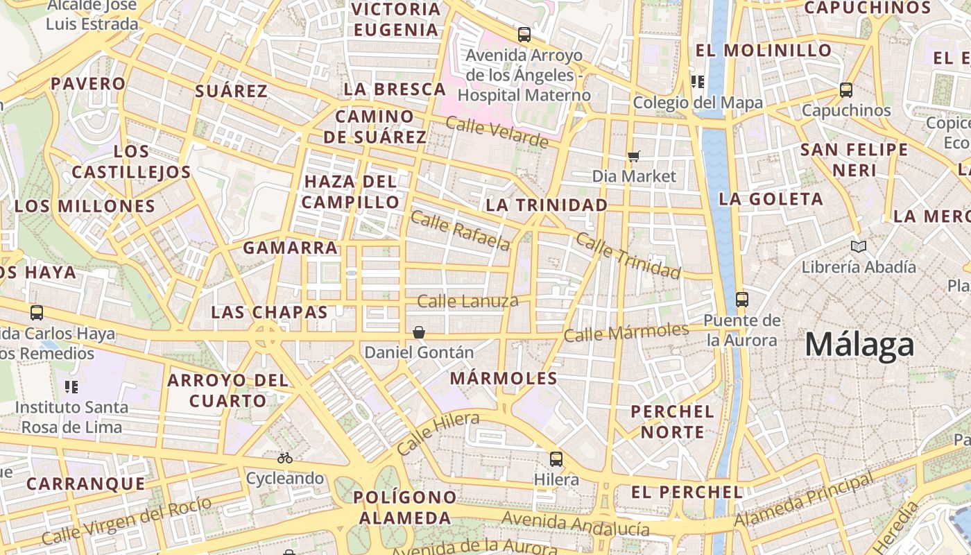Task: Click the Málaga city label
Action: click(x=859, y=345)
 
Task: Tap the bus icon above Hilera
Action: click(x=556, y=459)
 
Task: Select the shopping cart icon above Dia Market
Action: click(x=633, y=156)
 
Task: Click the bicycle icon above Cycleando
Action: click(x=284, y=458)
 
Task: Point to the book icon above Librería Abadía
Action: click(x=859, y=246)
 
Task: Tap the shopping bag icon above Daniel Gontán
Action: click(x=419, y=332)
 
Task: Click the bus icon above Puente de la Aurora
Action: click(x=742, y=300)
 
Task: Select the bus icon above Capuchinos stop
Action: click(x=846, y=90)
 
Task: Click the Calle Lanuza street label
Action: click(x=467, y=301)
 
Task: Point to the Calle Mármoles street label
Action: click(x=626, y=332)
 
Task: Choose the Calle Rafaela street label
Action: click(x=461, y=230)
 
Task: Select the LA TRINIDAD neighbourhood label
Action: click(x=547, y=205)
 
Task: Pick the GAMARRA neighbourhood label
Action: click(x=290, y=248)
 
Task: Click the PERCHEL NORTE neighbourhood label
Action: click(x=672, y=422)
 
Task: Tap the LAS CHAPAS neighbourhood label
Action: click(x=269, y=312)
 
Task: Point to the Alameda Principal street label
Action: click(x=804, y=501)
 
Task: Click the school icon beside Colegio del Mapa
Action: click(x=698, y=82)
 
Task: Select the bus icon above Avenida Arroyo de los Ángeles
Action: click(x=524, y=34)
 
